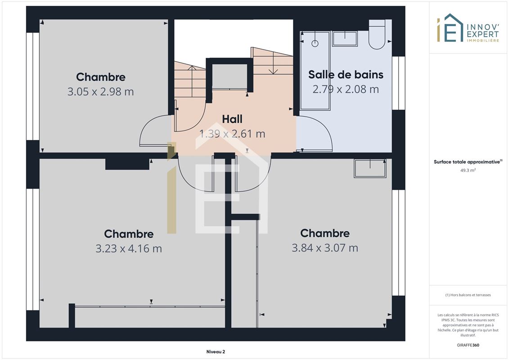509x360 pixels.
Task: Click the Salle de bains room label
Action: click(346, 75)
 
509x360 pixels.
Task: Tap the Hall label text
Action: click(232, 119)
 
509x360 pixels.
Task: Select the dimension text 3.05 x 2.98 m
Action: click(101, 91)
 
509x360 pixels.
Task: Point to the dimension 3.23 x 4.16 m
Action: click(129, 249)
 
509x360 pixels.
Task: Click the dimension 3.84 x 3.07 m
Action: click(325, 248)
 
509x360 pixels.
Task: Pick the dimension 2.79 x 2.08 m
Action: click(346, 89)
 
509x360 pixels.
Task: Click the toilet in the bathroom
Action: click(377, 34)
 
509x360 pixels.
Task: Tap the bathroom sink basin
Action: click(345, 39)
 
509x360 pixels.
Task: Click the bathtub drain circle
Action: click(315, 43)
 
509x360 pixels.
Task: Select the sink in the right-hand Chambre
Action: click(370, 168)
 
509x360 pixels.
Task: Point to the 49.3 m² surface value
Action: click(468, 170)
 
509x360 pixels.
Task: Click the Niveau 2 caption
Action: click(216, 351)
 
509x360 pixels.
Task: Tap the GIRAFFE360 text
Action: click(468, 345)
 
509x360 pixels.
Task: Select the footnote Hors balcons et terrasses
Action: click(468, 295)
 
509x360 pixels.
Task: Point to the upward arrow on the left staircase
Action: click(192, 81)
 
